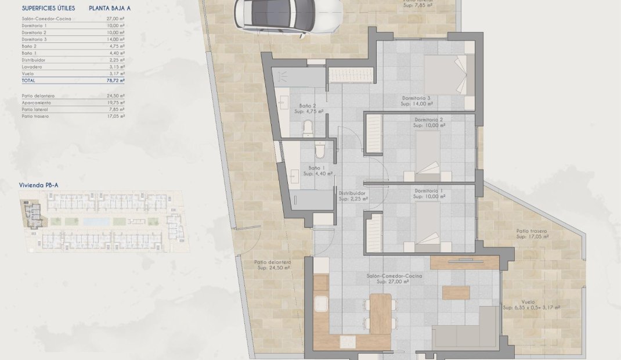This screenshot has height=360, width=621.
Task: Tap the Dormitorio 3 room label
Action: (x=416, y=98)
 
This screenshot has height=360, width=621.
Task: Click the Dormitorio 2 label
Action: (x=429, y=120)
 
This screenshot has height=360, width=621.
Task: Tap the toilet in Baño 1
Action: (x=319, y=152)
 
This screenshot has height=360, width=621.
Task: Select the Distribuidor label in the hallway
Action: (x=352, y=193)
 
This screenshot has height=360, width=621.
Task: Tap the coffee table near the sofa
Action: (x=456, y=293)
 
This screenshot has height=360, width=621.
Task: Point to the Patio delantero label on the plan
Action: (x=272, y=262)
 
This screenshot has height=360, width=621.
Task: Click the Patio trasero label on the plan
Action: (x=532, y=231)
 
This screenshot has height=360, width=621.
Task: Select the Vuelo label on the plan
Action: (x=528, y=302)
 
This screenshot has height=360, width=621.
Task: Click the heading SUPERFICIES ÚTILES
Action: (x=49, y=9)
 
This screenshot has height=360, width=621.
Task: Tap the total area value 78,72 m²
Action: (x=116, y=81)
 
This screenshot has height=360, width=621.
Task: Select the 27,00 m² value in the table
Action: (x=116, y=19)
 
